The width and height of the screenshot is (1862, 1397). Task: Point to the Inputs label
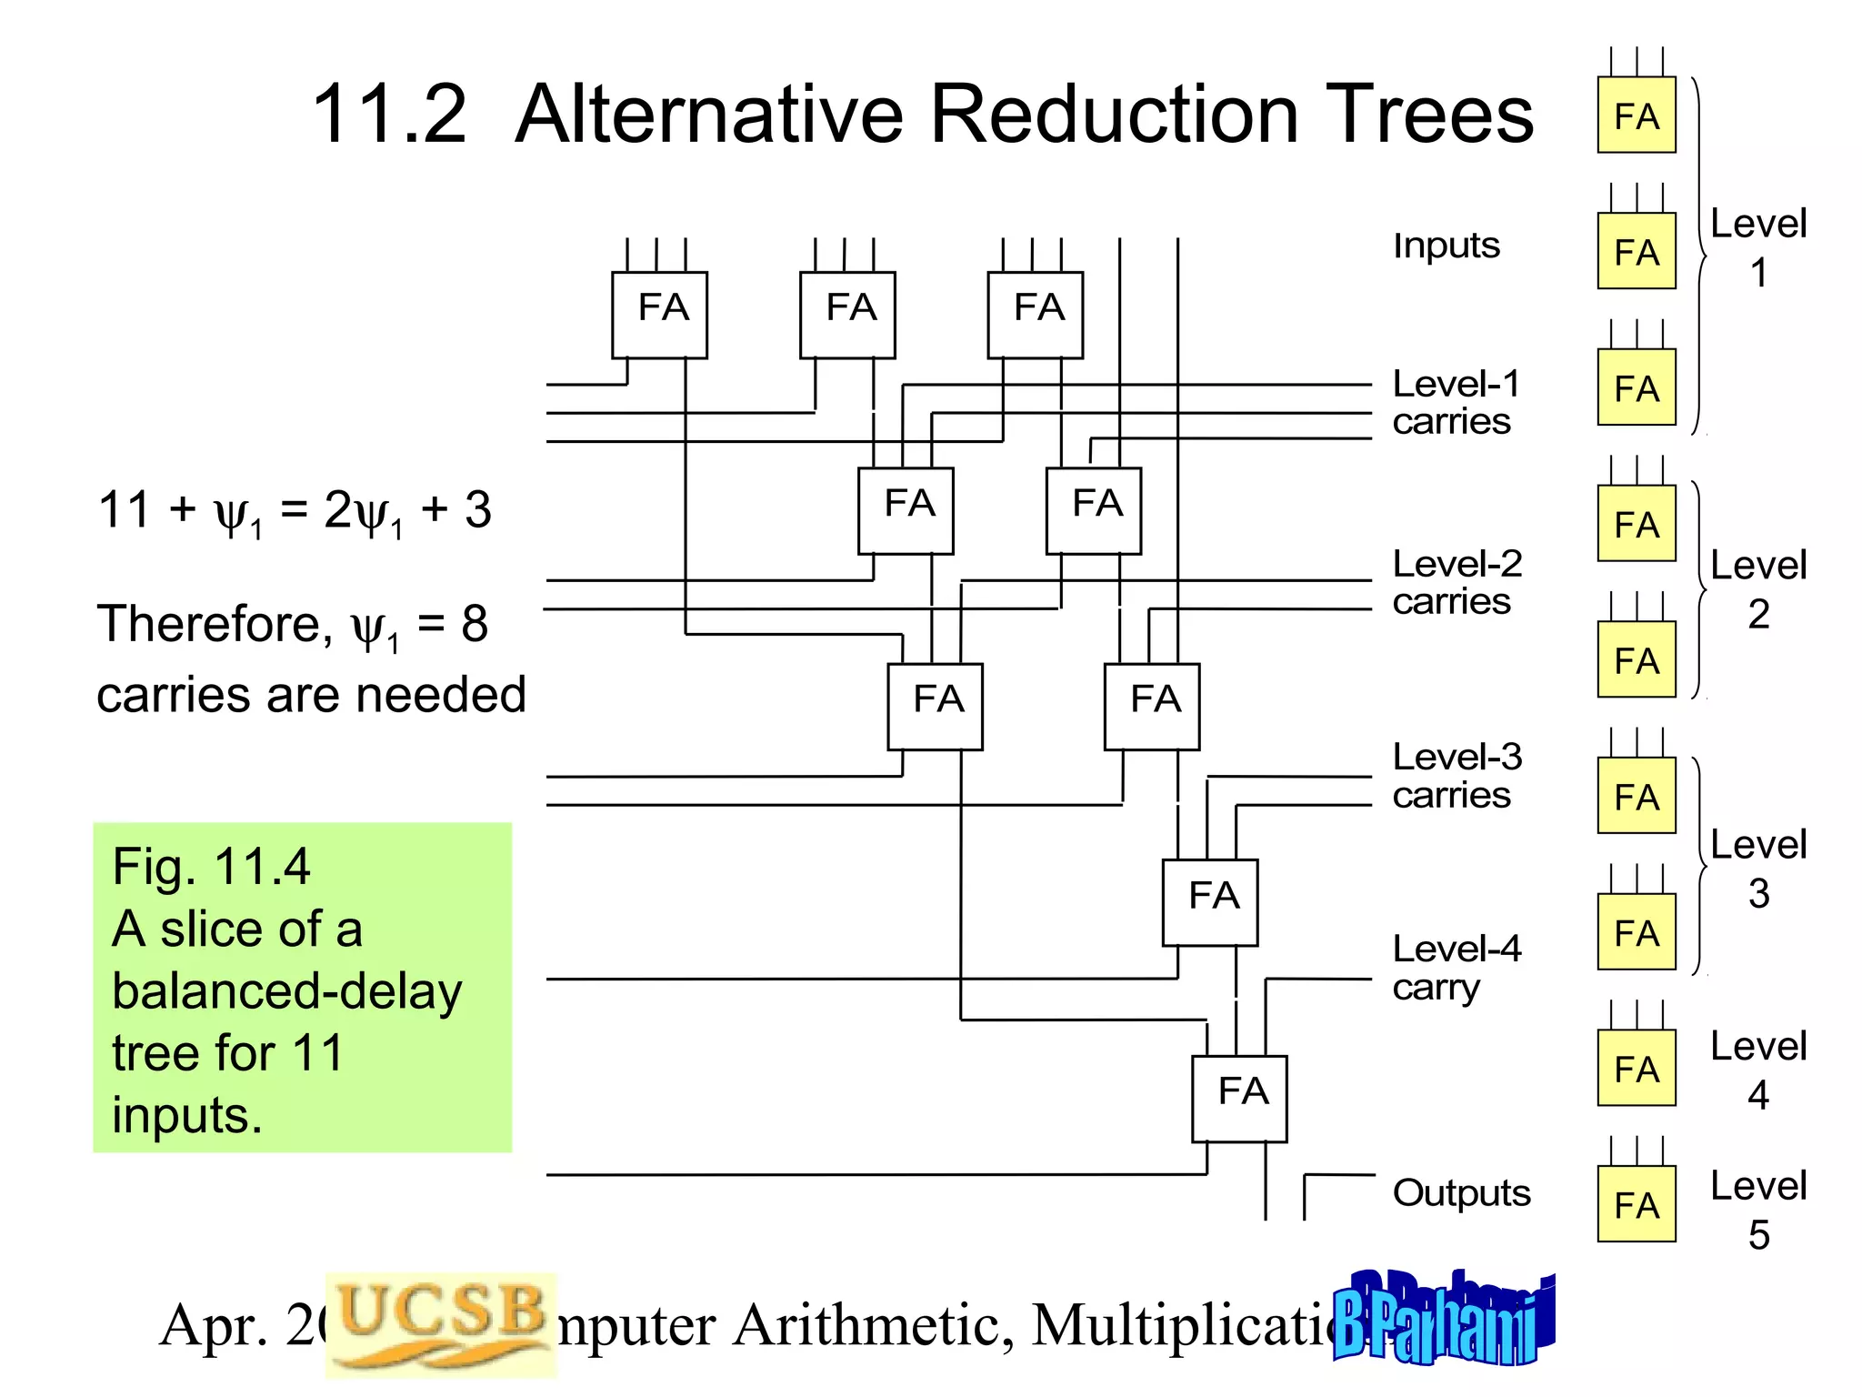1446,246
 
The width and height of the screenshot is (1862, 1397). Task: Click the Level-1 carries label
1455,403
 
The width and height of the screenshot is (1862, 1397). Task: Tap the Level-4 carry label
1455,968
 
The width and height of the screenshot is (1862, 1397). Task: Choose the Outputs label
1461,1192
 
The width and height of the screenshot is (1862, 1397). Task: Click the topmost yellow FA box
1636,116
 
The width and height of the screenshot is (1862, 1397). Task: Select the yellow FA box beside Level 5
1636,1204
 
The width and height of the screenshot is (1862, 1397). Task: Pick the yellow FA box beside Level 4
1636,1068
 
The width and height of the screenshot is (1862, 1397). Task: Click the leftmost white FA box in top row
659,315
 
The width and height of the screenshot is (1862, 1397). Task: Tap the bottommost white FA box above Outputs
1239,1098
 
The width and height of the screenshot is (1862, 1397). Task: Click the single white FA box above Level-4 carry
1210,902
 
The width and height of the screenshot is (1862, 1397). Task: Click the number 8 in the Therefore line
475,624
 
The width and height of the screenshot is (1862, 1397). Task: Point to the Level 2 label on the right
1757,589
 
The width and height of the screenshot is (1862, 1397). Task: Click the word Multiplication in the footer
1182,1325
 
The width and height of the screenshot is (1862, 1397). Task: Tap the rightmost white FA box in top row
1036,315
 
